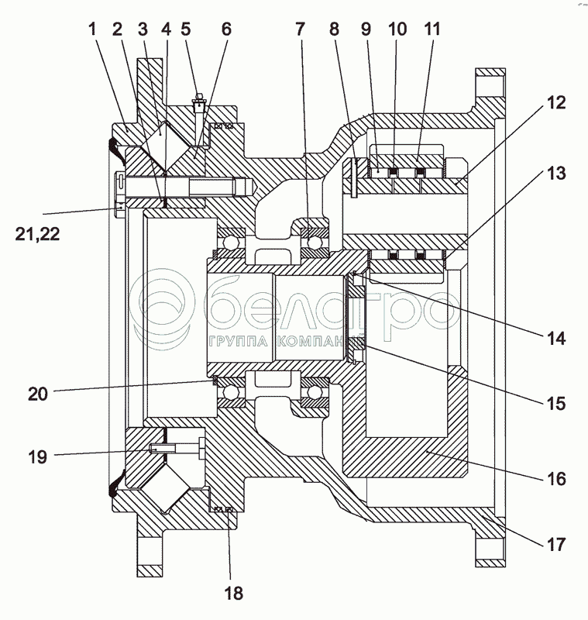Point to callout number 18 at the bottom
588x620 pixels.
(233, 594)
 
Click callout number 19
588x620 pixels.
(36, 457)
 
